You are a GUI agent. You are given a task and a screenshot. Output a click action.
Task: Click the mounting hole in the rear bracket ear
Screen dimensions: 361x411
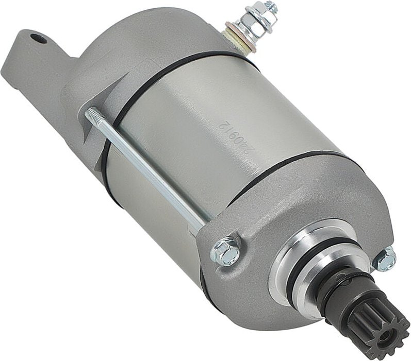[35, 38]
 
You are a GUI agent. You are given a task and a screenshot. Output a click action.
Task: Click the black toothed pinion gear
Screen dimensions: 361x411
[376, 329]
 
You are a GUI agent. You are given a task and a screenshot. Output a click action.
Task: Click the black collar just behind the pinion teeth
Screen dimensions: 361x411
[335, 288]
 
